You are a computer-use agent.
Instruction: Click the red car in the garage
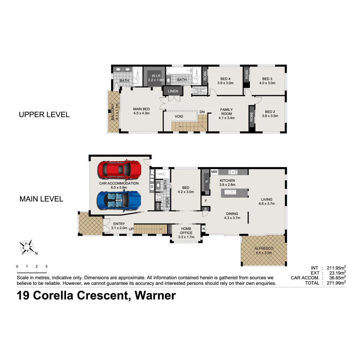click(119, 170)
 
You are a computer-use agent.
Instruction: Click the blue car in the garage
click(119, 200)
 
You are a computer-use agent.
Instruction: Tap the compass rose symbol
click(27, 247)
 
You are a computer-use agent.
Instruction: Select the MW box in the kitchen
click(214, 172)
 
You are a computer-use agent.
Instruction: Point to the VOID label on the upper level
click(179, 116)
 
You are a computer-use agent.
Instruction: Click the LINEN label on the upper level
click(173, 91)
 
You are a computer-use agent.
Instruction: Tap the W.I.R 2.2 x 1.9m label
click(156, 78)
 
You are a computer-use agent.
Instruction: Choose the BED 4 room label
click(225, 81)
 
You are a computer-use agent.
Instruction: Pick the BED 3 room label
click(267, 81)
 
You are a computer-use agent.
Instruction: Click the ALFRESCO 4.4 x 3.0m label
click(264, 250)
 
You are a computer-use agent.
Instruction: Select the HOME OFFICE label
click(186, 231)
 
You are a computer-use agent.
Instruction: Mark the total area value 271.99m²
click(336, 283)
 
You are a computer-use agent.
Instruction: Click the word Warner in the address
click(155, 295)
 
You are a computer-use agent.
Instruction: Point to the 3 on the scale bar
click(46, 266)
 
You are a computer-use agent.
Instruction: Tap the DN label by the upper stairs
click(202, 112)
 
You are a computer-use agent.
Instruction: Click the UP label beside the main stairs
click(131, 229)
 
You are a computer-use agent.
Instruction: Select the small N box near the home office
click(203, 229)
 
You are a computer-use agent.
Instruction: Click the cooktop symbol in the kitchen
click(233, 172)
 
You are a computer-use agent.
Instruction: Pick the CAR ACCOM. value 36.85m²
click(337, 278)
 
